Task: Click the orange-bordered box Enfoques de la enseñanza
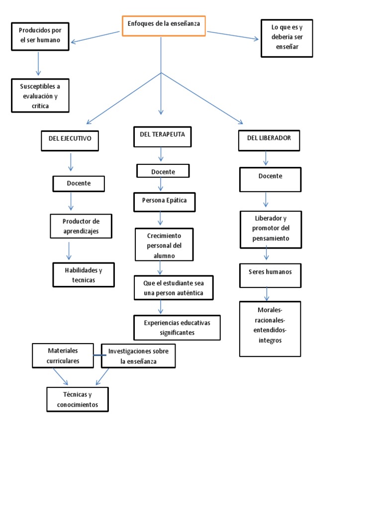163,26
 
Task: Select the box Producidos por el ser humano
40,36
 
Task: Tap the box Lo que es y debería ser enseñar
287,38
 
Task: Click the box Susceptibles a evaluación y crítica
40,96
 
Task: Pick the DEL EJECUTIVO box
70,140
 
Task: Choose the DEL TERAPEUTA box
163,136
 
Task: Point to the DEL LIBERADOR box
270,140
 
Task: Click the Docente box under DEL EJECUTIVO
79,184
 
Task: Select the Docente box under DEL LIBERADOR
270,179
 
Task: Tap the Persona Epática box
165,202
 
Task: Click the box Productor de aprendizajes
81,226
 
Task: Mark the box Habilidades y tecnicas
84,275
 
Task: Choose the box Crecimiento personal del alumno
164,245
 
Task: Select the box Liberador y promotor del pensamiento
271,229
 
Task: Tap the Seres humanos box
270,275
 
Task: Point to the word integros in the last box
270,341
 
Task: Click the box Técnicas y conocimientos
78,399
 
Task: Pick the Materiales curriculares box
63,356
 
